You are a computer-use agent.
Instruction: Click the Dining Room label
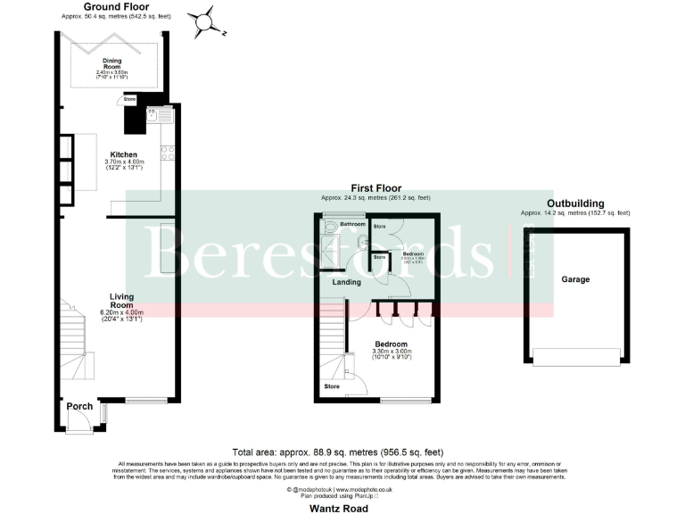(111, 62)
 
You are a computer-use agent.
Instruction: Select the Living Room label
(121, 301)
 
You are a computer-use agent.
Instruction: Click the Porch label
(80, 406)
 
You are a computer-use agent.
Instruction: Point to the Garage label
(575, 279)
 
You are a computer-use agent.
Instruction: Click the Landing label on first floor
(347, 283)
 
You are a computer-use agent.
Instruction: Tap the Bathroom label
(353, 223)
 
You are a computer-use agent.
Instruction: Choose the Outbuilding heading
(575, 203)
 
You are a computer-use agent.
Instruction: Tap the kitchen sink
(153, 115)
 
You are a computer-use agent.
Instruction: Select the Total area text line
(337, 452)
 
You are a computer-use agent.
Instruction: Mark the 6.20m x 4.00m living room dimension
(121, 311)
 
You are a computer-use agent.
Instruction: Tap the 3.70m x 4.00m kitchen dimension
(124, 161)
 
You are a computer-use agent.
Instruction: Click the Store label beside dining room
(129, 98)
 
